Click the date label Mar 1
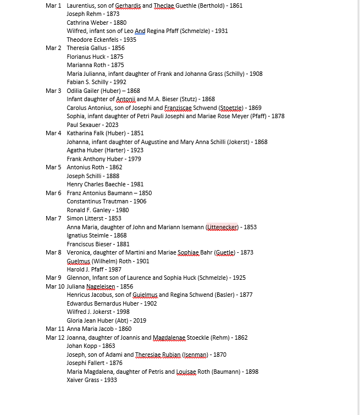point(53,5)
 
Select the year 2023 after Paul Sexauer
point(112,125)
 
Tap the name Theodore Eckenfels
point(93,40)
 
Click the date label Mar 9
point(53,278)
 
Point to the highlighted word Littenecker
point(222,227)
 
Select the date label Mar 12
point(55,337)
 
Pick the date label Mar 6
point(53,193)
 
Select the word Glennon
point(78,278)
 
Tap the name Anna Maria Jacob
point(89,329)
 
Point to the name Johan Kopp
point(82,346)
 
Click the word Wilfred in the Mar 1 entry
point(77,31)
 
